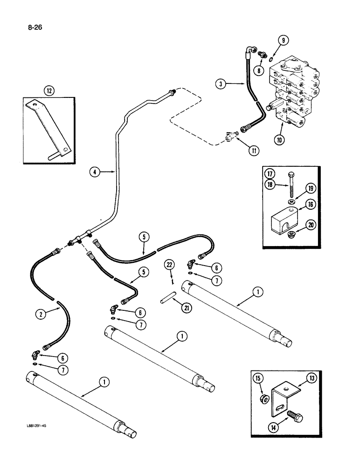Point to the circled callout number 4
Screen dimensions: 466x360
[x=95, y=172]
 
